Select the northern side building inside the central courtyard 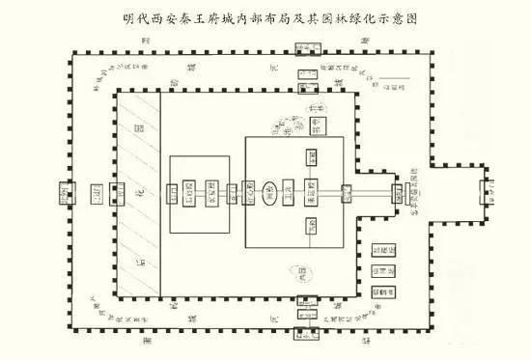coord(311,156)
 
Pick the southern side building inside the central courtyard coord(311,226)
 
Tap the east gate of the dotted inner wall coord(399,191)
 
